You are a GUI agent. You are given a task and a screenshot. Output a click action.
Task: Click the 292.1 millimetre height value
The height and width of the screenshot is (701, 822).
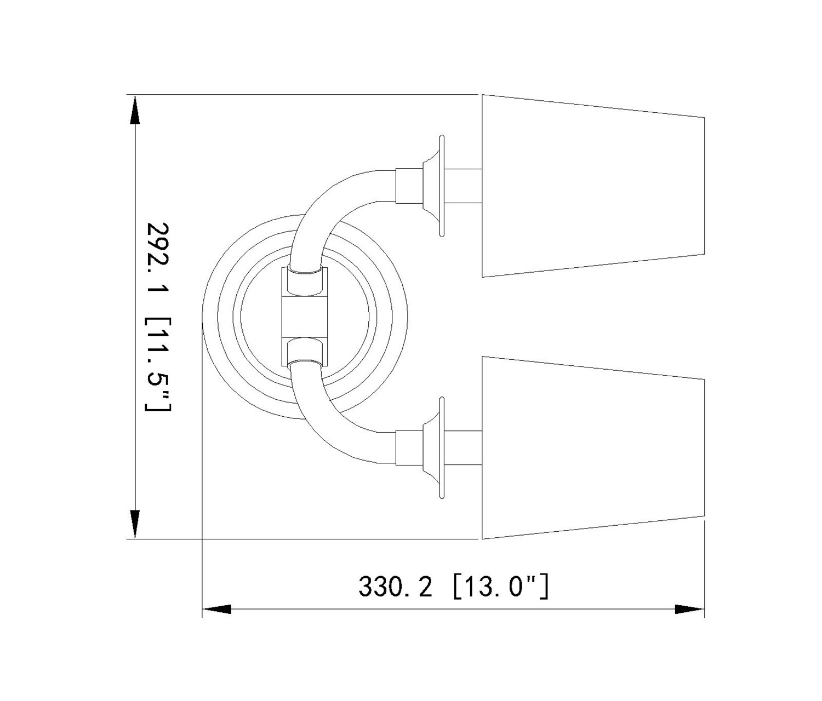157,262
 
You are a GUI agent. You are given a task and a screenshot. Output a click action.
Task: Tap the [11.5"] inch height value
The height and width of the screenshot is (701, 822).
157,363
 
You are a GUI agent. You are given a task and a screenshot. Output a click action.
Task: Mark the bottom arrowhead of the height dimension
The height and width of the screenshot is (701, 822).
135,524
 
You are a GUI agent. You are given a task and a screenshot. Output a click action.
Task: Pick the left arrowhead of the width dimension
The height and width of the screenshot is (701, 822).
217,620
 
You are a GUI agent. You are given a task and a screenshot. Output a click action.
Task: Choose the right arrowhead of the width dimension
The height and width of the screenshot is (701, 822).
690,620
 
